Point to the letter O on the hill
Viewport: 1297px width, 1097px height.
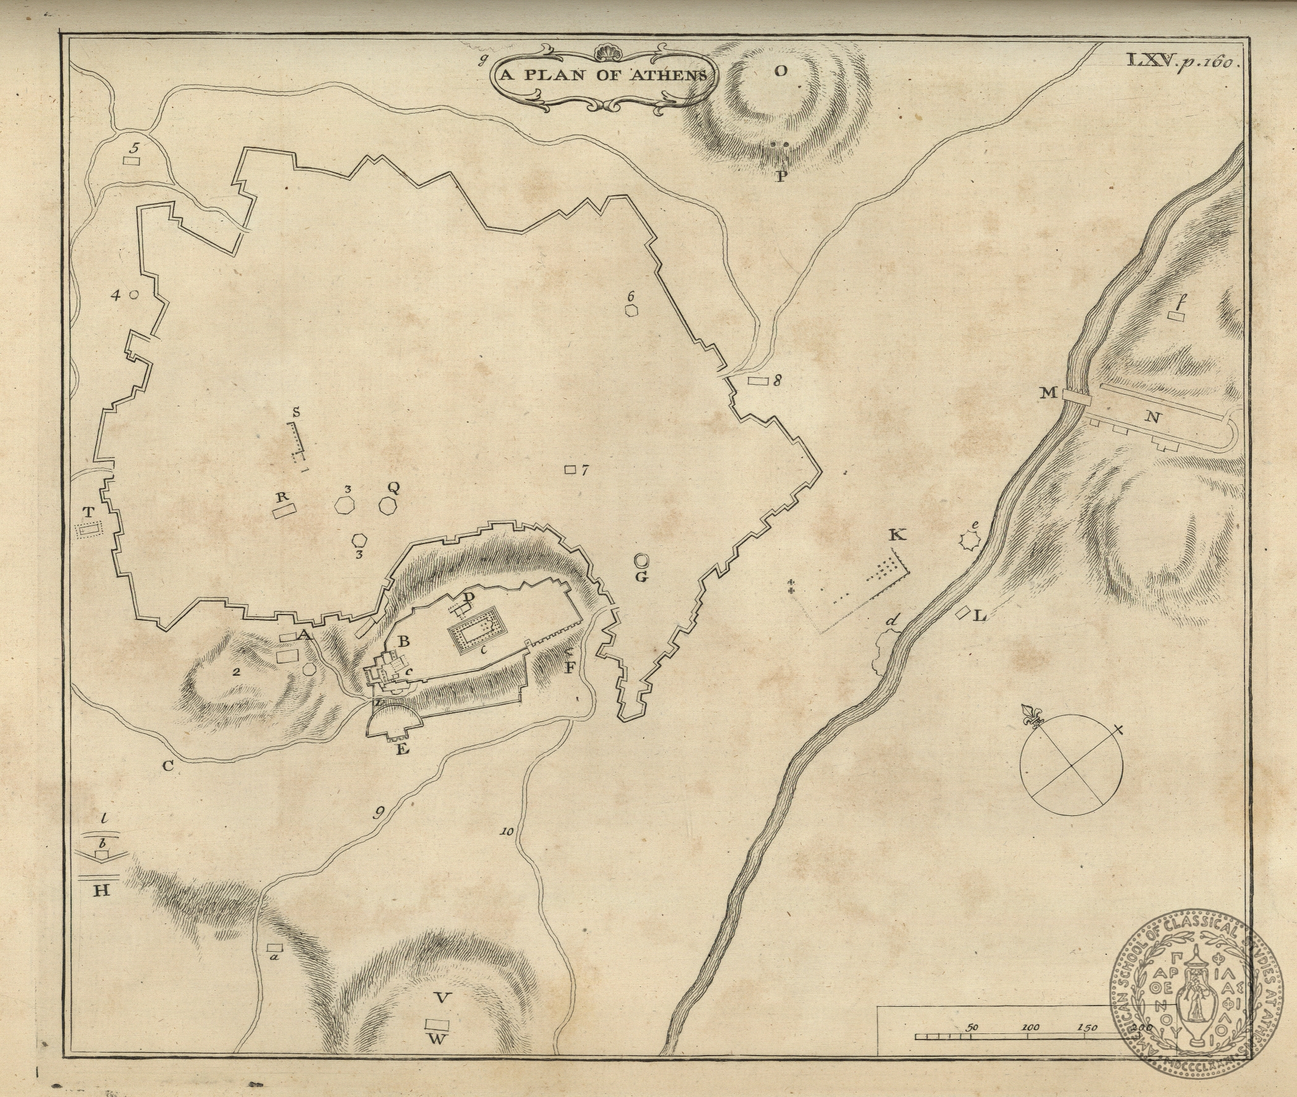pyautogui.click(x=780, y=71)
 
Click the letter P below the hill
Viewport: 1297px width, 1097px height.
pyautogui.click(x=781, y=176)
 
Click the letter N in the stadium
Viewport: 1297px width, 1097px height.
pyautogui.click(x=1152, y=418)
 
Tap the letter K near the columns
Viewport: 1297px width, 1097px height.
pyautogui.click(x=897, y=535)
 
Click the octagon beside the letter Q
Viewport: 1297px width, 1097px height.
pyautogui.click(x=388, y=505)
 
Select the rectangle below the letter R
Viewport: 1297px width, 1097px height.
pyautogui.click(x=283, y=513)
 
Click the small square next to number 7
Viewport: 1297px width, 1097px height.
pyautogui.click(x=569, y=470)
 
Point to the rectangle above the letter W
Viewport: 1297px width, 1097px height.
pyautogui.click(x=437, y=1023)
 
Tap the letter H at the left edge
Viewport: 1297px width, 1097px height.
pyautogui.click(x=102, y=891)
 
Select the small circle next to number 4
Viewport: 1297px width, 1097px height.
pyautogui.click(x=133, y=295)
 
